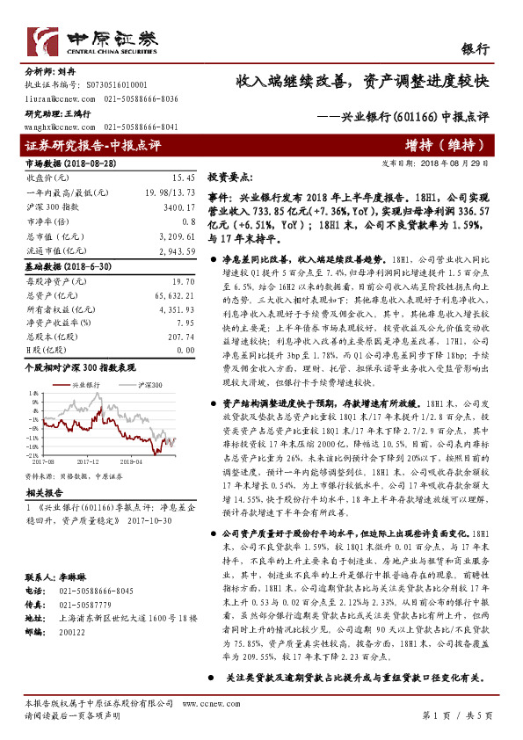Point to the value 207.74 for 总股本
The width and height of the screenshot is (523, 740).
(179, 337)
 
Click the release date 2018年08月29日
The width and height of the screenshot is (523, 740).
(458, 163)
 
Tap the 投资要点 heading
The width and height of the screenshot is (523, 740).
(232, 177)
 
